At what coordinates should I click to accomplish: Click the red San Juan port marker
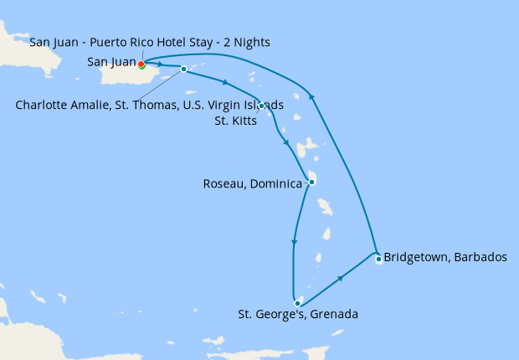(x=141, y=64)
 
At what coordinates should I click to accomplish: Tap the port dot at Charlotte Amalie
(x=183, y=69)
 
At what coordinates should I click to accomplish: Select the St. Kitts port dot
(x=261, y=105)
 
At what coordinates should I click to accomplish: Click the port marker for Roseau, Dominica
(x=311, y=182)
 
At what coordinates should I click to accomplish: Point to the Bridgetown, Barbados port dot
(x=378, y=259)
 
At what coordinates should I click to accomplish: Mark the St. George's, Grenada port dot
(x=297, y=303)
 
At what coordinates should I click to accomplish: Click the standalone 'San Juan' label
(x=111, y=62)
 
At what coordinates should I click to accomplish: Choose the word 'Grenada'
(x=335, y=315)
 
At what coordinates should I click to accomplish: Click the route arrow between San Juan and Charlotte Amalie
(x=159, y=64)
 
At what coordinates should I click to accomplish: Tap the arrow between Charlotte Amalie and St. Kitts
(x=224, y=82)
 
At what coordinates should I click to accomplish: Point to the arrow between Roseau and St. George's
(x=293, y=243)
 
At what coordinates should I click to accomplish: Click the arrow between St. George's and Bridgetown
(x=341, y=277)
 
